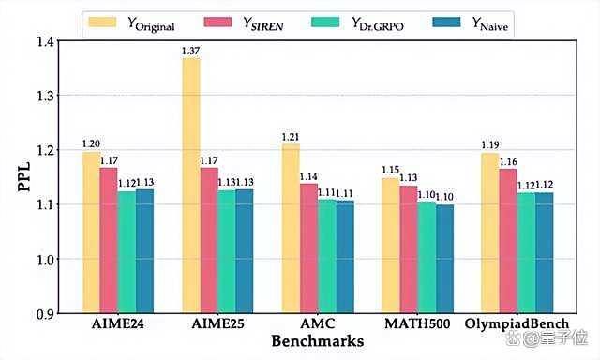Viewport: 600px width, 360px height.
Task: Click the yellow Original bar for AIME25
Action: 191,186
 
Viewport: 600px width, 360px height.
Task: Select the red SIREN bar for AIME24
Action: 109,240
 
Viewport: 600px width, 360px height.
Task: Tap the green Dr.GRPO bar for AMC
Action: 327,256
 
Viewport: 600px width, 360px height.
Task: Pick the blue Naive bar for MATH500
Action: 444,259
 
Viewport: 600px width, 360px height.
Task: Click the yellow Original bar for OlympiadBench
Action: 490,233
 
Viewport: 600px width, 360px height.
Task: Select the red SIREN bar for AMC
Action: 309,248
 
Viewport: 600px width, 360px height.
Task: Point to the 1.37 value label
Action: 191,51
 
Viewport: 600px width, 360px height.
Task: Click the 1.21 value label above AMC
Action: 291,137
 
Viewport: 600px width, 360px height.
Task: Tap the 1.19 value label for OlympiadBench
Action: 490,145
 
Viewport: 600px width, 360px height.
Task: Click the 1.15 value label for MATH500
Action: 390,170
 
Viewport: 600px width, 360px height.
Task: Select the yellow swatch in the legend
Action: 102,22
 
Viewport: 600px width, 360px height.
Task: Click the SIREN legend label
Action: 263,23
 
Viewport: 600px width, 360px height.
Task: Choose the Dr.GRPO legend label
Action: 378,23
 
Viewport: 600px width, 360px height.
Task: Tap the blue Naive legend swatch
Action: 446,22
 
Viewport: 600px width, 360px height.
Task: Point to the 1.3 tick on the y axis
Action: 46,96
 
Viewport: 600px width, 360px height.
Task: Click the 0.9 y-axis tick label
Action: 46,314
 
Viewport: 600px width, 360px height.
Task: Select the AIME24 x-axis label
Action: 118,324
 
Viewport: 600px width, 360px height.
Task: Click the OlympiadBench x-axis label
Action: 517,324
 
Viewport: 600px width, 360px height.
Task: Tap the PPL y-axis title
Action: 23,177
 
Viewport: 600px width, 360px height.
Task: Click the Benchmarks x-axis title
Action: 318,341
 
